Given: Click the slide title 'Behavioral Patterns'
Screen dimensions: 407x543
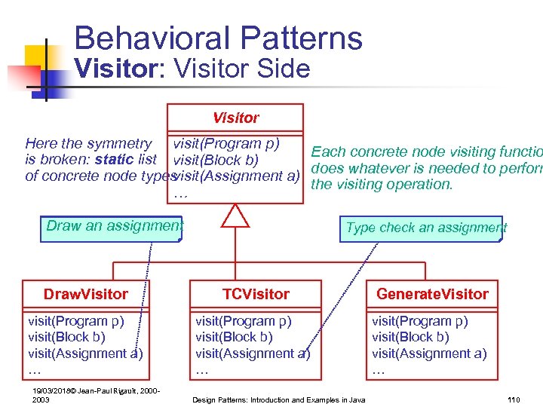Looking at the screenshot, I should (218, 38).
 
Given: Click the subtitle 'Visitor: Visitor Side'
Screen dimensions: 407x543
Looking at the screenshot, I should (192, 69).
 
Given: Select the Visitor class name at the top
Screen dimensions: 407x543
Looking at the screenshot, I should (235, 118).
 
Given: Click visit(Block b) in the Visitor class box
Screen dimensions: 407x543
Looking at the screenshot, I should (216, 160).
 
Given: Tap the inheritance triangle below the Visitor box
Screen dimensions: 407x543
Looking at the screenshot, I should (235, 216).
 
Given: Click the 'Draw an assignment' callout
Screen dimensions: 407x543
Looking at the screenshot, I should (114, 225).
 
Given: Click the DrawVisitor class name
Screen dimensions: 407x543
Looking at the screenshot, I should (85, 294).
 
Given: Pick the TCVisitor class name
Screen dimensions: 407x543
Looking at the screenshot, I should (256, 294).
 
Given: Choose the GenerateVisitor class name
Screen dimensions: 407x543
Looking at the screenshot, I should (432, 294).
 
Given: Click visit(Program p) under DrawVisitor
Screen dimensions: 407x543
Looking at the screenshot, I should (76, 321).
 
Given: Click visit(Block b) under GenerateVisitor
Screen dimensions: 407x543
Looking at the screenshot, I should (410, 337).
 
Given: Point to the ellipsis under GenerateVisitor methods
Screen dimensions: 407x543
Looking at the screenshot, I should (379, 370).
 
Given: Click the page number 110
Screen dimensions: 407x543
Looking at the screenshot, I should (514, 399).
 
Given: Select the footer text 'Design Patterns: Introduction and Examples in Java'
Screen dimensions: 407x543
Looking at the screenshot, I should (279, 399).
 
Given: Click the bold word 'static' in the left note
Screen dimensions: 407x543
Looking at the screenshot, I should (115, 160).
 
